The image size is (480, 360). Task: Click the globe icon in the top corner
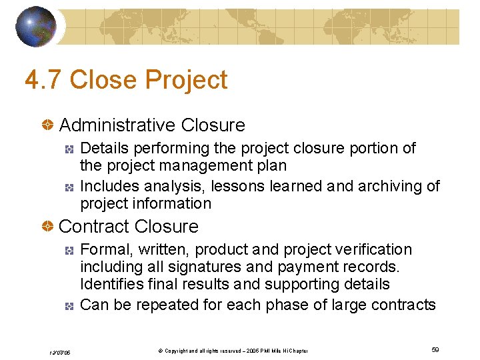[35, 27]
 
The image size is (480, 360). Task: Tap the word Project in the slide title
[186, 80]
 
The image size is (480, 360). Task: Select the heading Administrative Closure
[152, 125]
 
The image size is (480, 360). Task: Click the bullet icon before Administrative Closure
[48, 125]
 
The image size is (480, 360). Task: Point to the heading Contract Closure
[129, 227]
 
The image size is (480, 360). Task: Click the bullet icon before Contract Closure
[48, 227]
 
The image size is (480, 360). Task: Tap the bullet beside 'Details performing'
[69, 149]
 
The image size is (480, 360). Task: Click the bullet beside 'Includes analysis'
[69, 187]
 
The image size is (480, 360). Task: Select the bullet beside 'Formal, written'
[69, 251]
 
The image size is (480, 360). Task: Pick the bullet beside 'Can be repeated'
[69, 306]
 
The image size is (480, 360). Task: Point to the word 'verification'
[374, 250]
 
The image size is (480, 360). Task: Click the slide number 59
[435, 350]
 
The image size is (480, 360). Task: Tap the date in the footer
[59, 351]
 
